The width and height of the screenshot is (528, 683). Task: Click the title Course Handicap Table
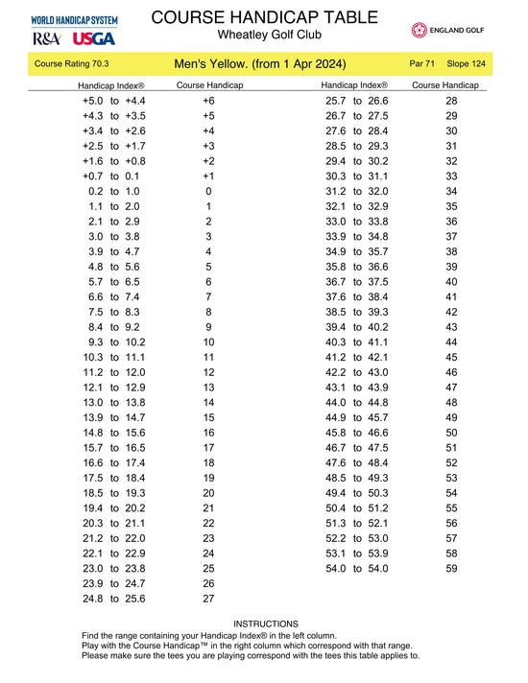coord(261,16)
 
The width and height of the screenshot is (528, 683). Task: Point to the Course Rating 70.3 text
coord(72,64)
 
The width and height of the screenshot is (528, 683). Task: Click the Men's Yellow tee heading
coord(260,64)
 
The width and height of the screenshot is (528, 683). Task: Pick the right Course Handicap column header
coord(444,85)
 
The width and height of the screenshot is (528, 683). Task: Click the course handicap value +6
coord(208,101)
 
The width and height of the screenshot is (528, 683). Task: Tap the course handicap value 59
coord(452,568)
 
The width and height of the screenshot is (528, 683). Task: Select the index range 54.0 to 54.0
coord(357,568)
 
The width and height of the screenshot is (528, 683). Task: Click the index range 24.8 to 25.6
coord(114,599)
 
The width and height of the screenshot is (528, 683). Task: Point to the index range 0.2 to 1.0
coord(114,191)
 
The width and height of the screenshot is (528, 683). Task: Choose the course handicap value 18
coord(208,462)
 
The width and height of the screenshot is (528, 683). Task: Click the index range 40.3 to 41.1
coord(357,341)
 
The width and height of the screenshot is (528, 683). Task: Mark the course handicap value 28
coord(452,101)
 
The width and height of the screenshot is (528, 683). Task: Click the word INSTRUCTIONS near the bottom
coord(266,624)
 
